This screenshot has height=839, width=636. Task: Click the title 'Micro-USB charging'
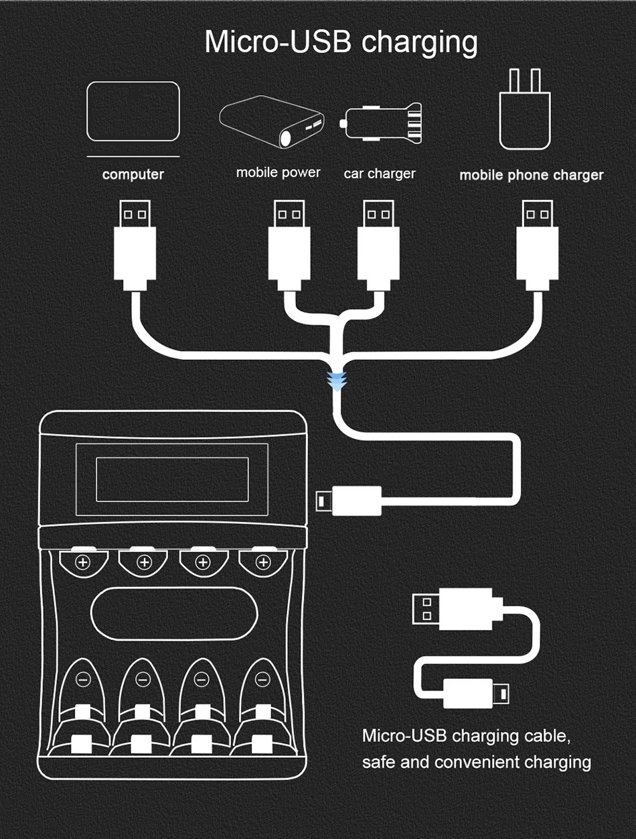coord(341,42)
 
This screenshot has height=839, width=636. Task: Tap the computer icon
coord(133,111)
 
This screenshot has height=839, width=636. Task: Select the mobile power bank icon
coord(272,121)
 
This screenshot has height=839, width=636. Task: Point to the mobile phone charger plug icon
coord(525,111)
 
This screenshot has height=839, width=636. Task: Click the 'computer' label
coord(133,174)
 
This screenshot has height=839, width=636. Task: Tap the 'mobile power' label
coord(278,173)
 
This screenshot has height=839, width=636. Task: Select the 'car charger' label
coord(380,174)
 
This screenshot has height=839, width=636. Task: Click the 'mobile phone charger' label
coord(531,175)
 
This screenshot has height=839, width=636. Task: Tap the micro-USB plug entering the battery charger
coord(349,501)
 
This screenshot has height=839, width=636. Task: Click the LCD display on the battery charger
coord(172,479)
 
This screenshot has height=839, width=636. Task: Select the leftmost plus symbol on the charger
coord(83,562)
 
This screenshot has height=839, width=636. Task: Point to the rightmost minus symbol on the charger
coord(261,680)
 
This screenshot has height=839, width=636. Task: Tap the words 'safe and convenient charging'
coord(476,762)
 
